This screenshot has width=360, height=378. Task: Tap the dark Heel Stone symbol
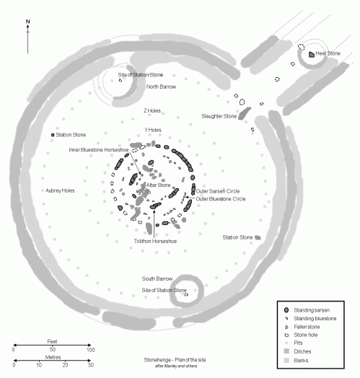(x=312, y=54)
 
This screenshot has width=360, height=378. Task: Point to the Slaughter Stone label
(x=219, y=116)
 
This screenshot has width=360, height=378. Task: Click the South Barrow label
(x=157, y=278)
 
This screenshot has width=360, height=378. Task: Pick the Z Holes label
(x=152, y=110)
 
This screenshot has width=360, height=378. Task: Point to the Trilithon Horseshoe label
(x=155, y=241)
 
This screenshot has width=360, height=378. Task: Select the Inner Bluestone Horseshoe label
(x=101, y=150)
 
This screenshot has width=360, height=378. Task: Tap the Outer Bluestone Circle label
(x=221, y=198)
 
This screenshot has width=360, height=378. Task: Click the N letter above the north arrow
(x=27, y=22)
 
